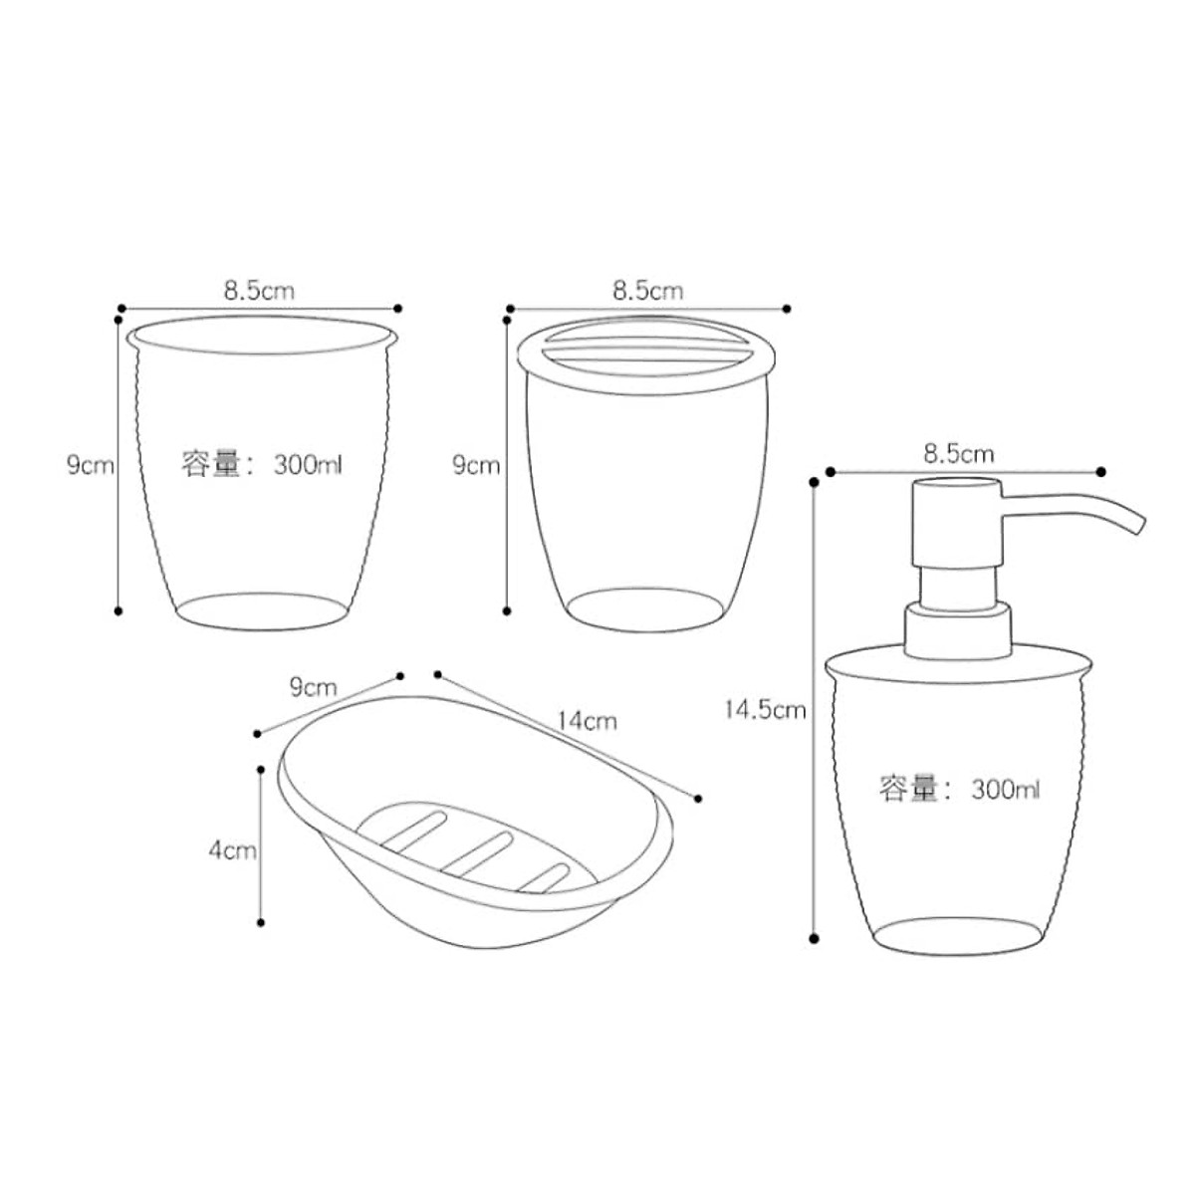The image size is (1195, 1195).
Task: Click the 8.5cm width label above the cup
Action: click(x=259, y=290)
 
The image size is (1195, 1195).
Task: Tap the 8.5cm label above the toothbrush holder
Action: click(x=648, y=290)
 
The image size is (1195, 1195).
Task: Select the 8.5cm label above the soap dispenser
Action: click(x=959, y=454)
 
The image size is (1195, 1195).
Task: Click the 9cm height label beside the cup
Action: click(x=91, y=464)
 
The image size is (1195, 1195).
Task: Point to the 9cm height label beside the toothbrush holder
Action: click(x=476, y=464)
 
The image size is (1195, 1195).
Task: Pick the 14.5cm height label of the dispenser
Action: click(x=765, y=709)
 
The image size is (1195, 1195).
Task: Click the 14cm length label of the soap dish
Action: click(x=587, y=721)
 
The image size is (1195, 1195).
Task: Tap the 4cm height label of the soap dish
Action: click(x=233, y=850)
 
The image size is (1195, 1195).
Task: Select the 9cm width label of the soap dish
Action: click(x=313, y=687)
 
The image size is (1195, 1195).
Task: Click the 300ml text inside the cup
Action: click(x=308, y=464)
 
